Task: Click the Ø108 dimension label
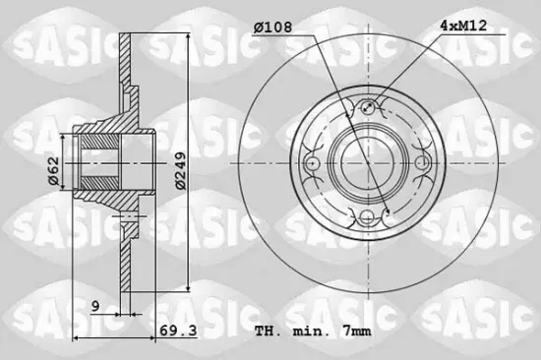(x=272, y=30)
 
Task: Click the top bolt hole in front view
(x=369, y=107)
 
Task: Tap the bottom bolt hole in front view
(x=369, y=217)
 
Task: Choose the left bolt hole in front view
(x=314, y=162)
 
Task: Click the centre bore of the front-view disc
(x=369, y=162)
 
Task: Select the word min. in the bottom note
(x=312, y=331)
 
